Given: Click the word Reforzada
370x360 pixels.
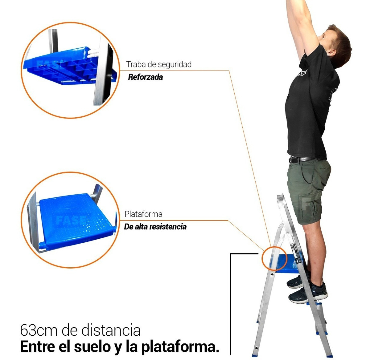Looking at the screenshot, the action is (146, 77).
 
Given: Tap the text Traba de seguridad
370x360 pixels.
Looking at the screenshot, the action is (159, 64).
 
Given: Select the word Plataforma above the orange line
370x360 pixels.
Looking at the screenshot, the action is (143, 214).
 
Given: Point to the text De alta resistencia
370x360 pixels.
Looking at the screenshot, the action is (155, 227).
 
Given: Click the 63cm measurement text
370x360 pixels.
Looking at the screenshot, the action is (39, 330).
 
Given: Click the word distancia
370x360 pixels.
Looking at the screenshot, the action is (111, 330).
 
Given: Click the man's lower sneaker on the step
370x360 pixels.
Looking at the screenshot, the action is (308, 293).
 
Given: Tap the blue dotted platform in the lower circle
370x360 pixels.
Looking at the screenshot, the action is (76, 220).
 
